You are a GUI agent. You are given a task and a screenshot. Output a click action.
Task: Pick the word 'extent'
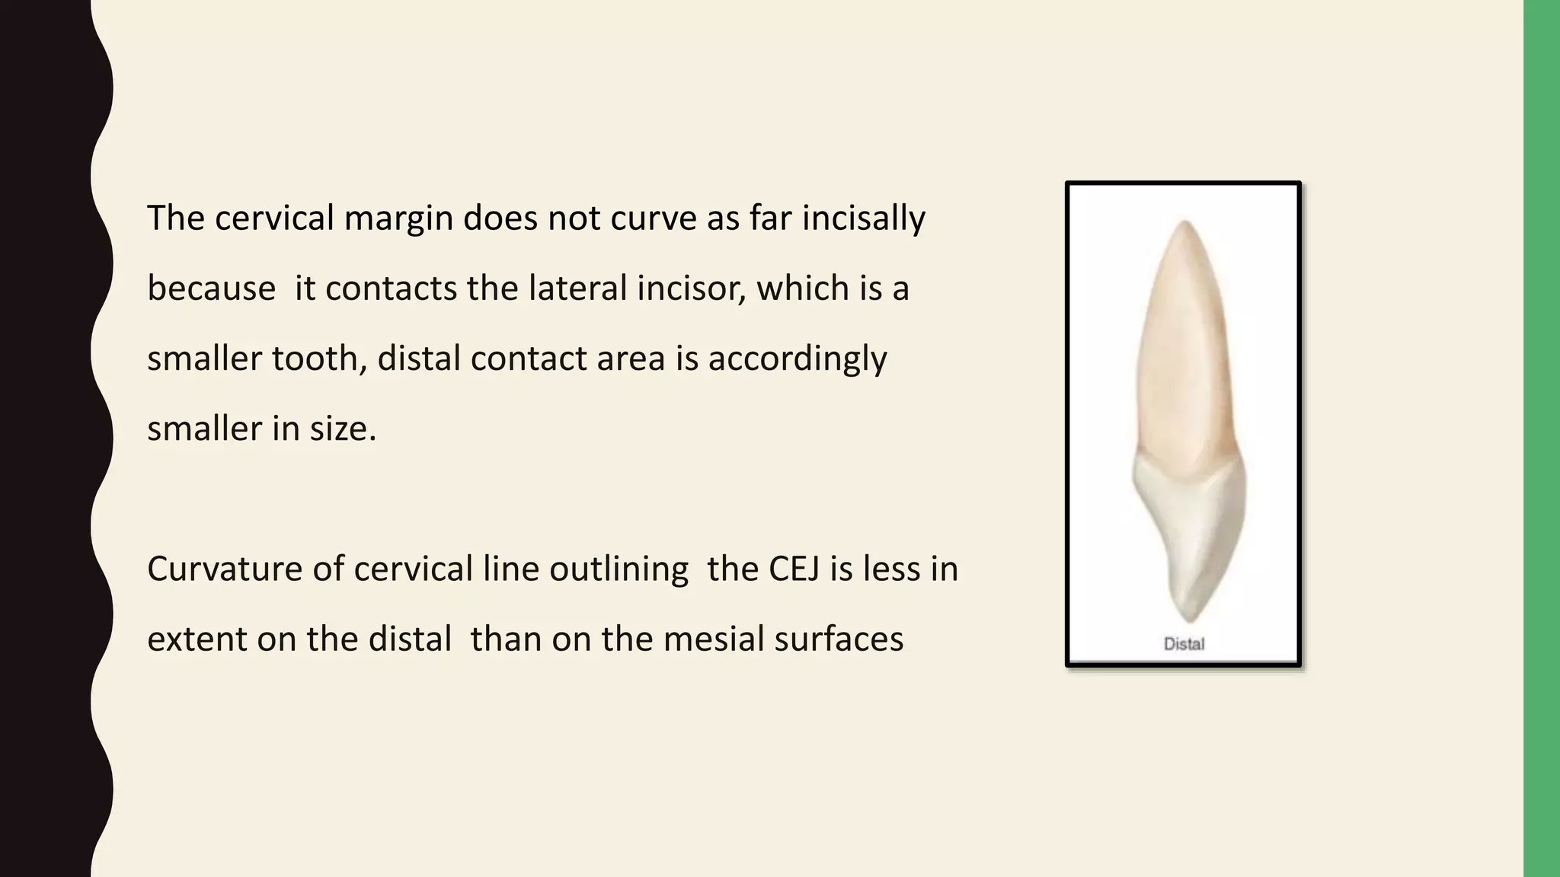(x=197, y=639)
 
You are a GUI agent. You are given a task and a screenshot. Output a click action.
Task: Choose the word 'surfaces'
(x=839, y=639)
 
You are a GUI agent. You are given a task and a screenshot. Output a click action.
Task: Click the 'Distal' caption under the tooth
(x=1184, y=644)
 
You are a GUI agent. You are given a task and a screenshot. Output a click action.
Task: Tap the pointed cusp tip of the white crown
(x=1188, y=620)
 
